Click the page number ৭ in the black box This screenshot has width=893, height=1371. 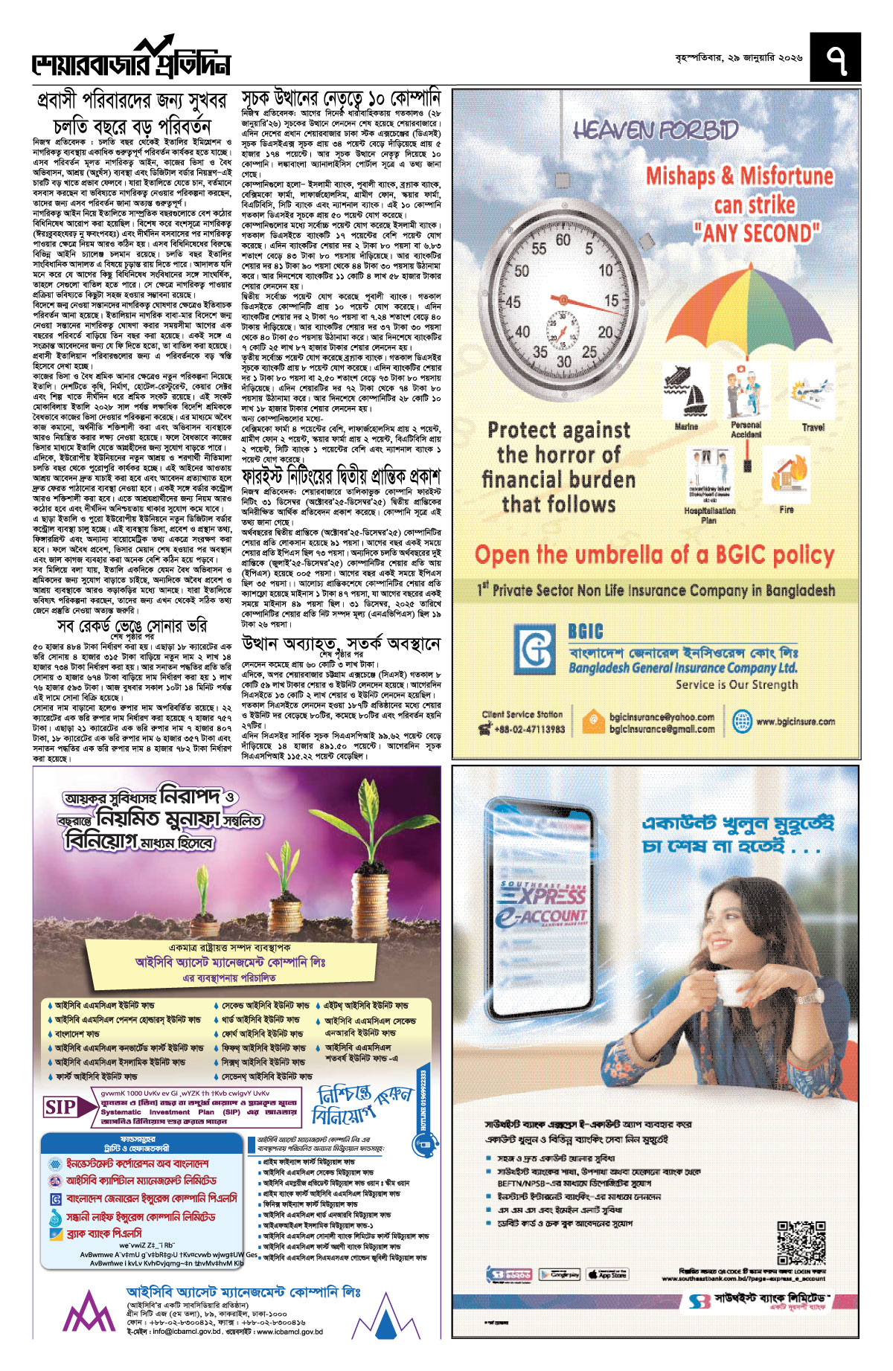835,58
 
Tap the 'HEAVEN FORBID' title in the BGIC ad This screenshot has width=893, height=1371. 656,131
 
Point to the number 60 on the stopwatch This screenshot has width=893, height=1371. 563,240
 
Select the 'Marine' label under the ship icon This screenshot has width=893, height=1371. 685,427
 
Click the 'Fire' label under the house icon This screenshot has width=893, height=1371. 787,510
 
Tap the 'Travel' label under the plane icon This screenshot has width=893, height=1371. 813,427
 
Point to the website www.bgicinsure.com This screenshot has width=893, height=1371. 795,721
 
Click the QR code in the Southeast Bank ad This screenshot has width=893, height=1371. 801,1243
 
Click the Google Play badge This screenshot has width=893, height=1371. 560,1274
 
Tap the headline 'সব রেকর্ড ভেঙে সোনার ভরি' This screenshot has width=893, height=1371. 143,626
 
